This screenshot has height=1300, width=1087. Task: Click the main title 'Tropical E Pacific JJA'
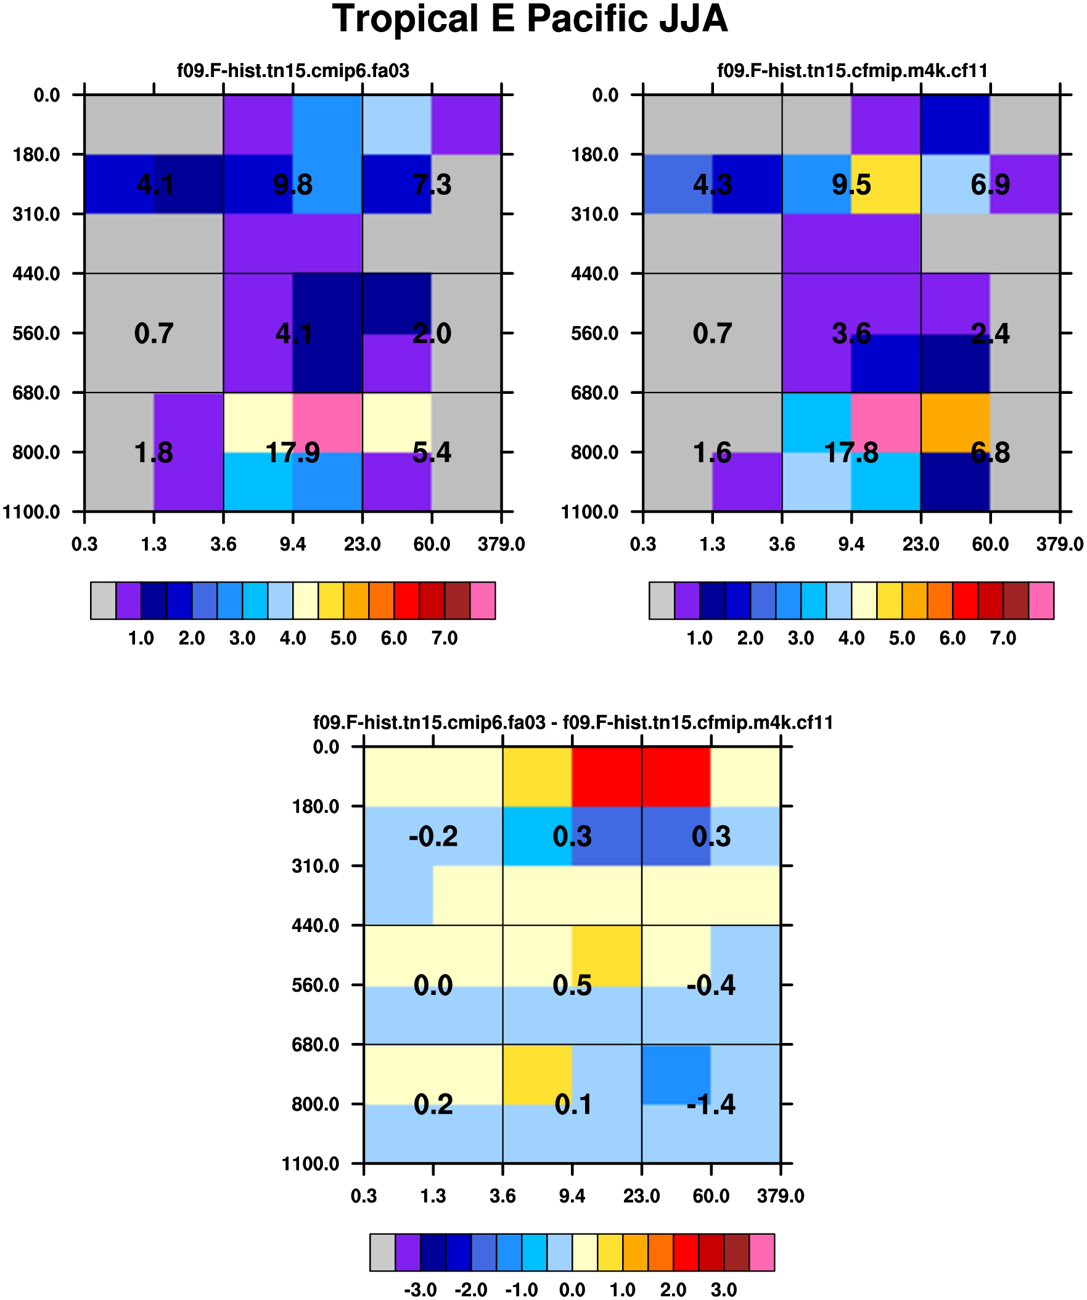click(530, 18)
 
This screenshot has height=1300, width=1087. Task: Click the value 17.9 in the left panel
click(292, 453)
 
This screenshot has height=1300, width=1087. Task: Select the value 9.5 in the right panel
click(851, 184)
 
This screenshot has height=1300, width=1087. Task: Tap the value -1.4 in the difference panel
click(710, 1105)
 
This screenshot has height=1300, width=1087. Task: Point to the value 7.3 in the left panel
click(432, 184)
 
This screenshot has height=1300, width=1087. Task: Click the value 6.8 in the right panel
click(990, 453)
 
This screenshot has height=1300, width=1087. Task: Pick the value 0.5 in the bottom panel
click(572, 986)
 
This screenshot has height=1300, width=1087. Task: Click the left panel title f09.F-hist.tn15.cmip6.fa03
click(293, 71)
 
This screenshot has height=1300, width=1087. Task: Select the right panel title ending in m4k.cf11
click(851, 71)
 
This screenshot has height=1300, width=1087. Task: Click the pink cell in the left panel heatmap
click(327, 422)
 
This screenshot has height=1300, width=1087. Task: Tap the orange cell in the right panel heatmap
click(955, 422)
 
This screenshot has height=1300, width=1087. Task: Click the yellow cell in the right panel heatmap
click(886, 184)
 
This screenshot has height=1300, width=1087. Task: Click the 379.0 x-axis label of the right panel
click(1060, 545)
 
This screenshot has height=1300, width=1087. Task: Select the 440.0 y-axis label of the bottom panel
click(315, 925)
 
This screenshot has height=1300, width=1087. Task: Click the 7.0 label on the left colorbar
click(444, 638)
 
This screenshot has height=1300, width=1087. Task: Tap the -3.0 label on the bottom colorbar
click(420, 1290)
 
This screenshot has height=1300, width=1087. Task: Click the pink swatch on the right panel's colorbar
click(1041, 600)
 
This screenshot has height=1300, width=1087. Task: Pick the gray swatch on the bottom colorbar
click(382, 1253)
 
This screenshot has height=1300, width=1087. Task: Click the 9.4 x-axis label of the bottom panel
click(572, 1196)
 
